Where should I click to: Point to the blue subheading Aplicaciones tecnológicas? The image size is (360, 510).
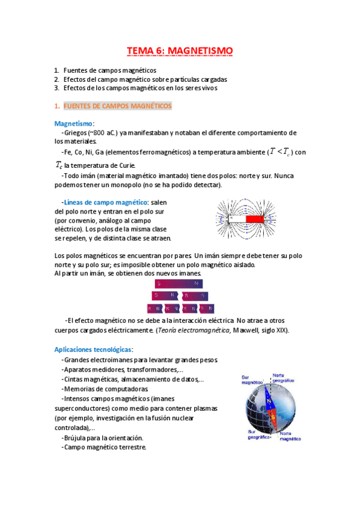[93, 349]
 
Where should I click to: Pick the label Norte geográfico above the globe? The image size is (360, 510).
[283, 377]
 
